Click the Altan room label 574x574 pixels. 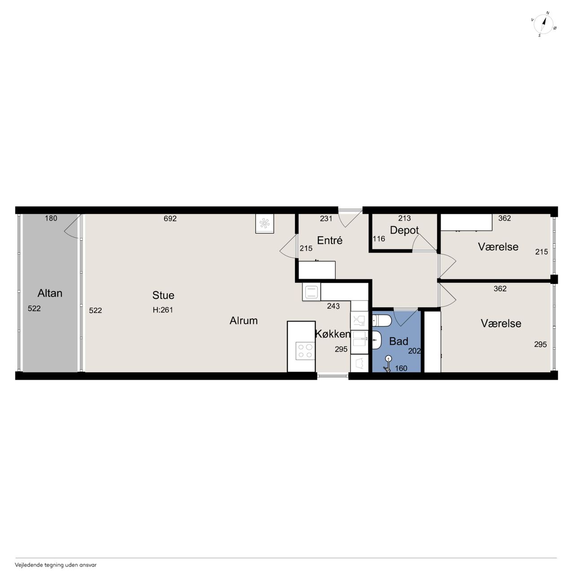(x=50, y=293)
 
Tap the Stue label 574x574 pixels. (x=163, y=295)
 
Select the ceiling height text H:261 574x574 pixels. (x=163, y=310)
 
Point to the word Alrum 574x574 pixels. (x=244, y=321)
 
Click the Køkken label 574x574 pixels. (x=332, y=334)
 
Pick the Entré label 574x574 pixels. (x=330, y=240)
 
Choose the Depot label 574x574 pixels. (x=404, y=230)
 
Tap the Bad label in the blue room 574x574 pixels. (x=399, y=341)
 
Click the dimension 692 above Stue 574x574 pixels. (x=170, y=219)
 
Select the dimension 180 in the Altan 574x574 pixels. (x=51, y=218)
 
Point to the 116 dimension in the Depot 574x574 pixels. (x=379, y=239)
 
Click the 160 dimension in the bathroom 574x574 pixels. (x=401, y=368)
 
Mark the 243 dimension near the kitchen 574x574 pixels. (x=333, y=306)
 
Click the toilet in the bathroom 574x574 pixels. (x=382, y=321)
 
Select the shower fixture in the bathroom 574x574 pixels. (x=387, y=364)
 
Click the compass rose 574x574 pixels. (x=544, y=24)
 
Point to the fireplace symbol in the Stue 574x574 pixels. (x=265, y=223)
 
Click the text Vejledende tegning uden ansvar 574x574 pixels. (x=56, y=565)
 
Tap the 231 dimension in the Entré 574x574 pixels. (x=326, y=219)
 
